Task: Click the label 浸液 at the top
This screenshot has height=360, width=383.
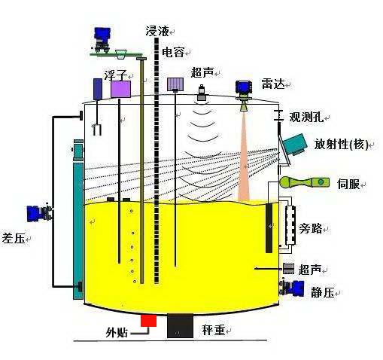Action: pos(157,31)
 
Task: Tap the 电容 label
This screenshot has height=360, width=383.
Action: pos(173,52)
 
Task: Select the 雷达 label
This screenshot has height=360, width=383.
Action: pos(273,84)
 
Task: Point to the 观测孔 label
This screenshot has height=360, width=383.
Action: pos(306,117)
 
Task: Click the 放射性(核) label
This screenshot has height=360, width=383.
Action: pos(341,145)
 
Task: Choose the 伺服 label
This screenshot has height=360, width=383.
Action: pos(348,184)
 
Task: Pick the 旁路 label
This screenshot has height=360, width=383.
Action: pos(311,228)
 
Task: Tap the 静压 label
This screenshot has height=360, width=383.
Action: pos(323,292)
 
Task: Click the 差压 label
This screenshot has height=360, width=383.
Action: pos(14,237)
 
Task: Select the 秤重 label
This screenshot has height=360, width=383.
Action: pos(214,330)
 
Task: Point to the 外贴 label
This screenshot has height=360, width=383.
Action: pos(117,333)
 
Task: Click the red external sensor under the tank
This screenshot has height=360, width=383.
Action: pos(149,321)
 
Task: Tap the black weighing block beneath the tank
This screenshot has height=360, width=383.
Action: pos(180,325)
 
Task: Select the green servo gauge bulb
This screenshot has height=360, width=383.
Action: pos(287,182)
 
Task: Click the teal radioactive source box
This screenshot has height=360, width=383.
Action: pos(294,145)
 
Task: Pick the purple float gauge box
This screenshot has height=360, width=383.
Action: pos(120,89)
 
